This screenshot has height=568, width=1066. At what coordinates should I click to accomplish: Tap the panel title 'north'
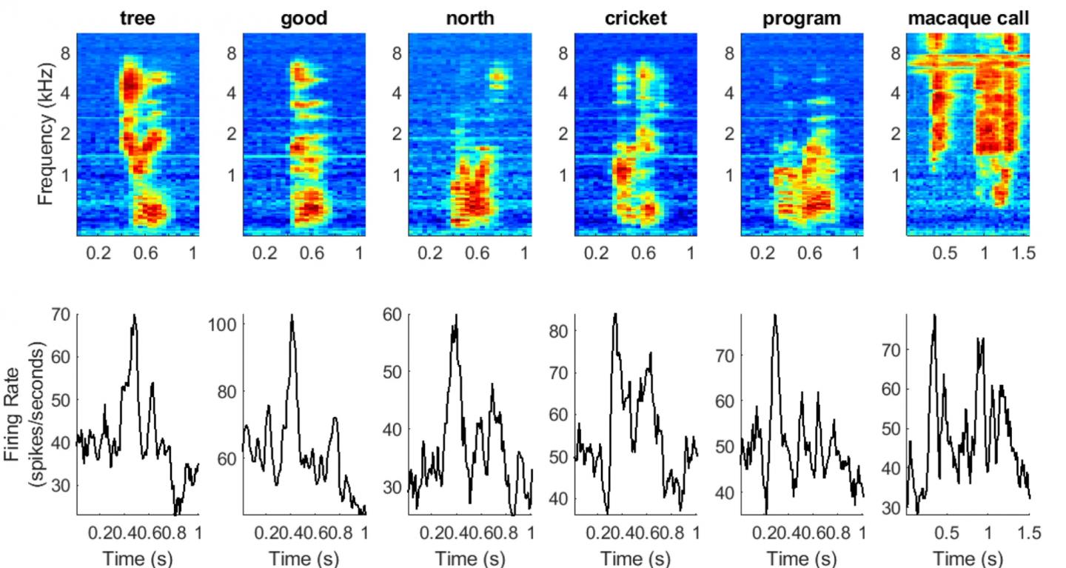click(469, 19)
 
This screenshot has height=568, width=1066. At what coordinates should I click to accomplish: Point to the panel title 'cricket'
click(635, 19)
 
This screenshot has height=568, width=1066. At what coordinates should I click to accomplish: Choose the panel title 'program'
click(801, 19)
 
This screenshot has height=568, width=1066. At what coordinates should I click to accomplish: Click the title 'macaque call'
click(968, 19)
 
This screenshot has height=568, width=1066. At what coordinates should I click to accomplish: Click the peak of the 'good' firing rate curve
click(292, 315)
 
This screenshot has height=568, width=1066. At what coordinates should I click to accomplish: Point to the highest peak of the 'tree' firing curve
click(134, 315)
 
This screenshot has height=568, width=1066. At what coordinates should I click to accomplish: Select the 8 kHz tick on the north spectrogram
click(398, 53)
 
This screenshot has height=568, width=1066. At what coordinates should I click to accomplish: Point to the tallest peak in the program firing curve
click(774, 315)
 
